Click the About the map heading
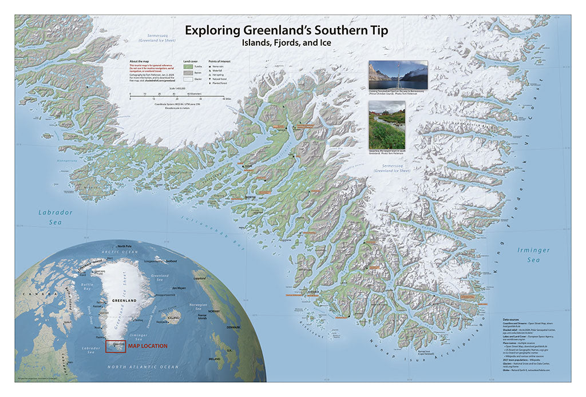[x=141, y=61]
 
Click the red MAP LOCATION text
[x=147, y=346]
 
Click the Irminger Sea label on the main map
[x=533, y=255]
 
